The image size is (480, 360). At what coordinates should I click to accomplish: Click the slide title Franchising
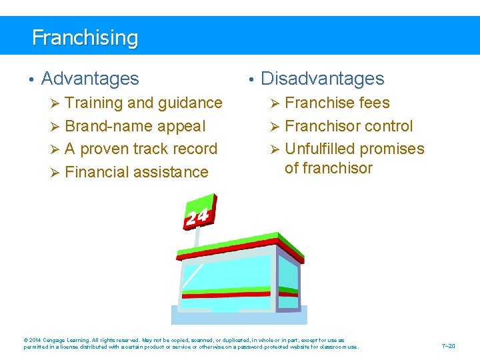[x=85, y=37]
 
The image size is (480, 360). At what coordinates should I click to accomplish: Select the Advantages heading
[x=90, y=79]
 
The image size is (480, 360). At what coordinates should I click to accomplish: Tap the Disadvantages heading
[x=322, y=79]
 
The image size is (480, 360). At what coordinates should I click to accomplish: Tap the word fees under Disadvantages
[x=373, y=103]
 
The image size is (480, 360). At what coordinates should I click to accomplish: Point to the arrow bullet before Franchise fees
[x=275, y=103]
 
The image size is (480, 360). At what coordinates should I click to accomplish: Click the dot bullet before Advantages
[x=31, y=80]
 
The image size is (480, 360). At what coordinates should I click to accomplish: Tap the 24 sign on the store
[x=198, y=216]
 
